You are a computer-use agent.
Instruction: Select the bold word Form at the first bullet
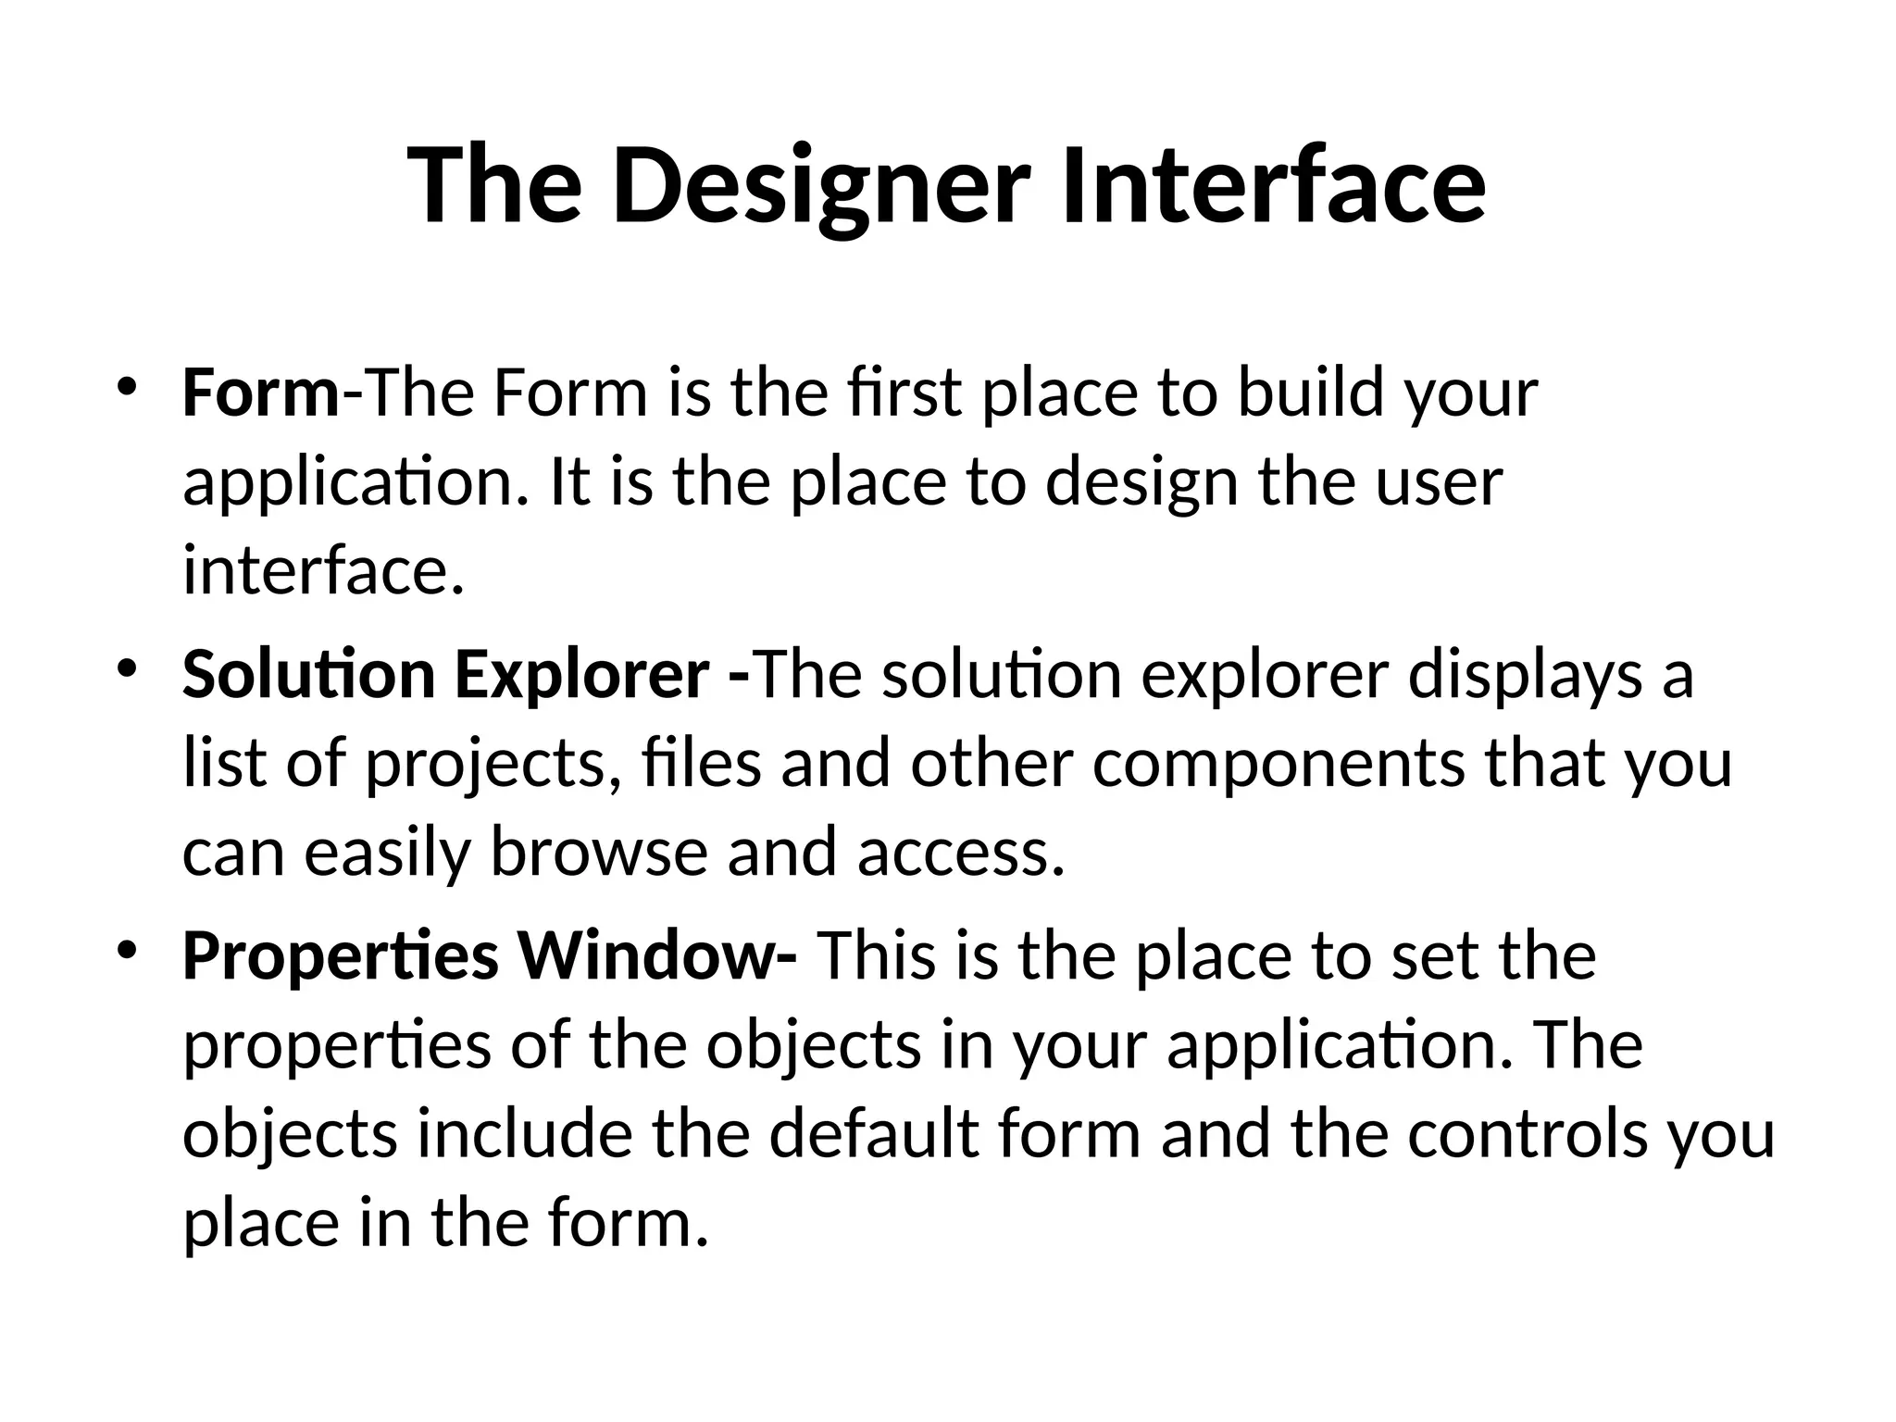(x=261, y=393)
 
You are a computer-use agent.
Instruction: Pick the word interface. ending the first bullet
(x=323, y=571)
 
